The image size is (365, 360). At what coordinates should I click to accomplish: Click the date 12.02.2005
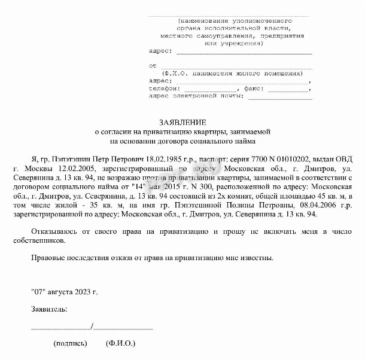73,169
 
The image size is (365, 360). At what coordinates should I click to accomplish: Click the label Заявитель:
49,309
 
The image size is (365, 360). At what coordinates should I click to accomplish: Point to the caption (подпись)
70,344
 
